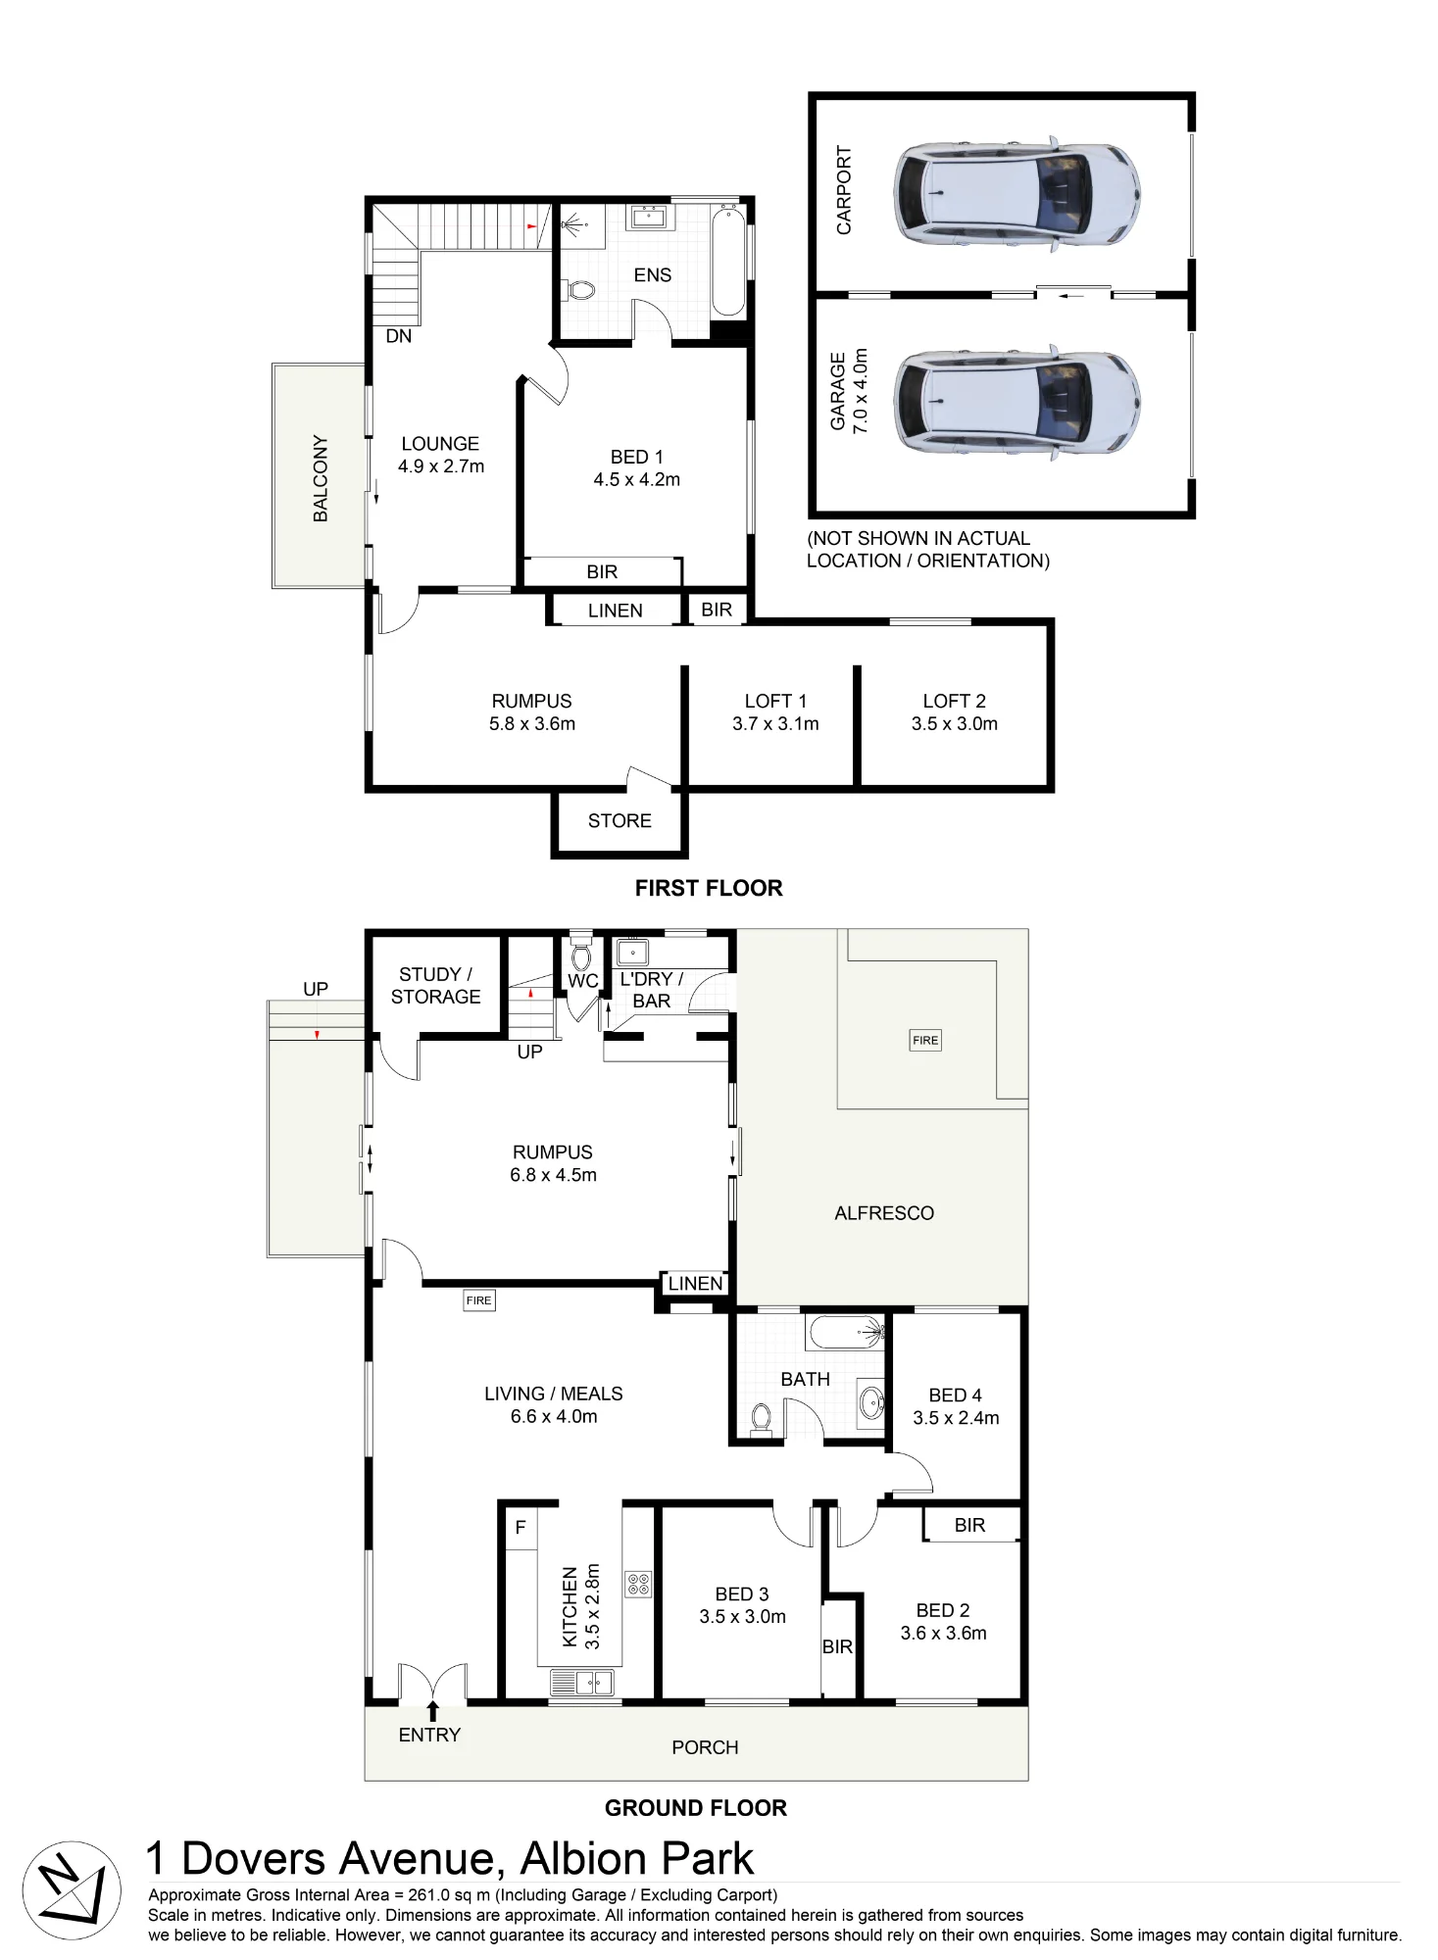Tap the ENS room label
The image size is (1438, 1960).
click(x=653, y=275)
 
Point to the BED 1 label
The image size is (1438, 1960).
click(x=637, y=457)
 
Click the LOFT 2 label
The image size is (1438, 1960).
click(x=954, y=701)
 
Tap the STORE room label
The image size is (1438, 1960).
click(x=620, y=820)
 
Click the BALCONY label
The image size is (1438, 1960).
click(x=321, y=478)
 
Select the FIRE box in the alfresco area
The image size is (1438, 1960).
click(x=925, y=1040)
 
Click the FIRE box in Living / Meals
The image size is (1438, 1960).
click(x=479, y=1300)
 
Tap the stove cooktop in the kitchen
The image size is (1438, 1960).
click(x=638, y=1585)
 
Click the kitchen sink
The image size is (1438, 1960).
click(x=582, y=1683)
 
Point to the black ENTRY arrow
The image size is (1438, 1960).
click(x=432, y=1711)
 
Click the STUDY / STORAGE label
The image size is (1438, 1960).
click(x=436, y=986)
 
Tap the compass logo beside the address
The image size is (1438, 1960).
click(x=72, y=1890)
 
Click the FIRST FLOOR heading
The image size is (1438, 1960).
click(x=709, y=888)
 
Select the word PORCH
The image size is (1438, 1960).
click(x=705, y=1747)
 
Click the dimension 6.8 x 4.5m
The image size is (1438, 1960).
click(x=553, y=1175)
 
